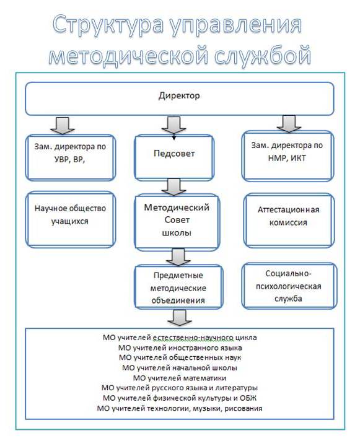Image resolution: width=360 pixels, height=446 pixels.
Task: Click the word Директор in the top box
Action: [x=179, y=95]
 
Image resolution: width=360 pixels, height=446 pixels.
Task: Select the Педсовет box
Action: [x=174, y=158]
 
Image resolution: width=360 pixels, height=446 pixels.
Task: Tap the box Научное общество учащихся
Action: [x=71, y=219]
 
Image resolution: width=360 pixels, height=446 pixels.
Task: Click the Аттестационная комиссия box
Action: [x=289, y=221]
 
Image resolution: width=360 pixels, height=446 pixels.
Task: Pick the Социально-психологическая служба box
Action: [x=289, y=286]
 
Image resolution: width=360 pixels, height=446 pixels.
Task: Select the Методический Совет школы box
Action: [x=177, y=222]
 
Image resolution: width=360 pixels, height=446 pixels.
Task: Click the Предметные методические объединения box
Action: [x=178, y=287]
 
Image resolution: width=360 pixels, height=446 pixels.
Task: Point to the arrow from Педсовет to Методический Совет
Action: [x=173, y=187]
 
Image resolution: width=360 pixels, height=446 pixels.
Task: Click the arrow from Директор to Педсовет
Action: [x=173, y=125]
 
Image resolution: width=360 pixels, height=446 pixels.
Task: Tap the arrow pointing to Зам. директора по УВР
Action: [x=63, y=125]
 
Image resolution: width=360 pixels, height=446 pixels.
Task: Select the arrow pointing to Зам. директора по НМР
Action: [x=289, y=124]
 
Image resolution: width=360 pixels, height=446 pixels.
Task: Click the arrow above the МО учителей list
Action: [x=179, y=318]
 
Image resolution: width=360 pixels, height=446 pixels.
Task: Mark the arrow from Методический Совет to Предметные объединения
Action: [x=178, y=258]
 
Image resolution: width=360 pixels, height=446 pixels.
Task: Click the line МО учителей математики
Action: [x=180, y=378]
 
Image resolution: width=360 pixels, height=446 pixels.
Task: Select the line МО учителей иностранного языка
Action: [x=180, y=348]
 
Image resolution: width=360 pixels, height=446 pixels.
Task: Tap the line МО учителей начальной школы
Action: [x=180, y=368]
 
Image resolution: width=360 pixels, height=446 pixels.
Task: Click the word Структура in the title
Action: [x=108, y=24]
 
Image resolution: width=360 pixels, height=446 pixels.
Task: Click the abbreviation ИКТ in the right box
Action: [x=298, y=158]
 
